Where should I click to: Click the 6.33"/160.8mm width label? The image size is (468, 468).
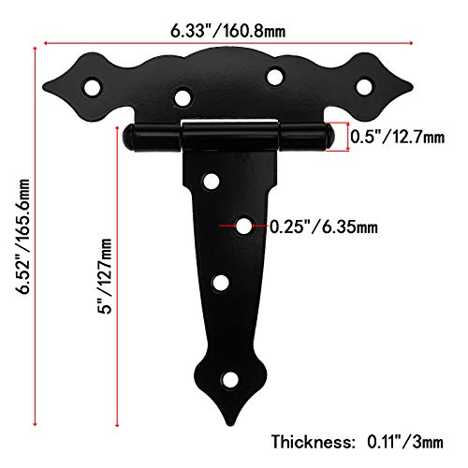tap(228, 31)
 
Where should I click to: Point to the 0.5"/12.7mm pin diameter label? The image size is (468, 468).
tap(397, 137)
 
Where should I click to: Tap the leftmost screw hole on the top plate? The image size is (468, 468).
tap(93, 87)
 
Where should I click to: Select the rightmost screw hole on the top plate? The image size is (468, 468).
tap(362, 86)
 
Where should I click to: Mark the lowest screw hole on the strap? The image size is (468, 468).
tap(229, 380)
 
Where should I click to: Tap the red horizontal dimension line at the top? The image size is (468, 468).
tap(228, 41)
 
